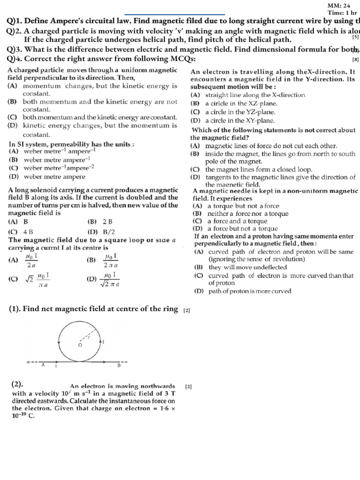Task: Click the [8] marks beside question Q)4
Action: point(355,60)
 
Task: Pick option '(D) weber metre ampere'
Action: point(47,177)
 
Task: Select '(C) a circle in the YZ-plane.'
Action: point(233,112)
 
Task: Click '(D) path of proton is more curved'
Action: point(242,291)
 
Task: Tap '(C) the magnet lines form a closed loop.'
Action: point(251,169)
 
